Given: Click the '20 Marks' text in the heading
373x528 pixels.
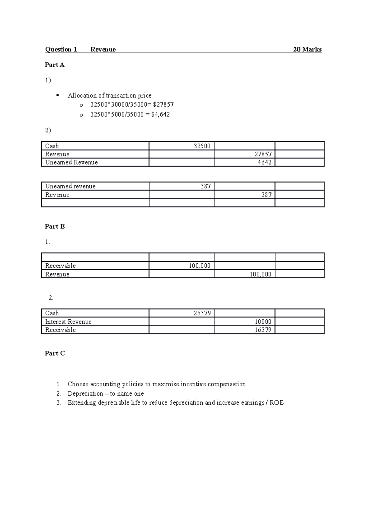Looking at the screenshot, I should coord(307,49).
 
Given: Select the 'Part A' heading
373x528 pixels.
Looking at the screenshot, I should coord(54,65).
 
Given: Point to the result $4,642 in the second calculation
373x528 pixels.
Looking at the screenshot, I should coord(160,114).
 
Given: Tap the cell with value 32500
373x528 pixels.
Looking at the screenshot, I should coord(202,146).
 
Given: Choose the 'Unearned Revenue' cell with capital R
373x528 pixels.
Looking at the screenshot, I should coord(71,162).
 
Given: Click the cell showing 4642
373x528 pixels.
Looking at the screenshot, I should coord(264,162).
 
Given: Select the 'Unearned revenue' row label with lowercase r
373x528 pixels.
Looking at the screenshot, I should coord(70,186).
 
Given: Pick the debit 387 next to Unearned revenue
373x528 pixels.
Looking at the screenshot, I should coord(205,186).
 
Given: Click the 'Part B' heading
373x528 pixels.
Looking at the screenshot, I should coord(55,226).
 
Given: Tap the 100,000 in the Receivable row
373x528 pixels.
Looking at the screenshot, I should coord(200,266).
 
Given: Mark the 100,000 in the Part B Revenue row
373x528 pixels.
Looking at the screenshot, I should coord(260,274).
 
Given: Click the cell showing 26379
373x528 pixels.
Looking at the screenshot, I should coord(202,313).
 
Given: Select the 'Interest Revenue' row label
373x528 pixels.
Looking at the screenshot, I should coord(68,322).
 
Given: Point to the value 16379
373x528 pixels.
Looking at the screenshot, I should coord(263,330).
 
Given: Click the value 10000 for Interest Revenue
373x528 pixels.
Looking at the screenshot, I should coord(263,322).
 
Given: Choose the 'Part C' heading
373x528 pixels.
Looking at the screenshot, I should coord(55,353).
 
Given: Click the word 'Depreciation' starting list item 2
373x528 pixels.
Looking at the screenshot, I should coord(85,394).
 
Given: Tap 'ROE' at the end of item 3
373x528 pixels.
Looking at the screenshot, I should coord(277,403).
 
